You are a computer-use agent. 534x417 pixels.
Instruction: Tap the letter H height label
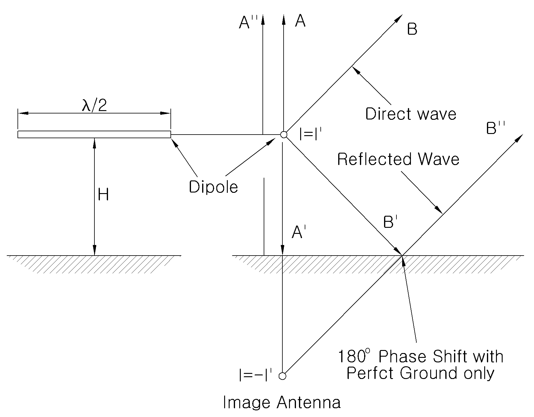(x=103, y=195)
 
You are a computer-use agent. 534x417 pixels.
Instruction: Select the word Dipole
(x=213, y=187)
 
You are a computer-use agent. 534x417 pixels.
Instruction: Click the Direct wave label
(x=411, y=114)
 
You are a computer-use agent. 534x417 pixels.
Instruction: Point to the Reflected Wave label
(x=398, y=159)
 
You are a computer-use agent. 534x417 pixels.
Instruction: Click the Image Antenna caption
(x=282, y=402)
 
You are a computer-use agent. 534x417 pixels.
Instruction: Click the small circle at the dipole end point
(x=284, y=135)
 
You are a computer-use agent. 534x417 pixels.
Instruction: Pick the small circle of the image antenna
(x=282, y=376)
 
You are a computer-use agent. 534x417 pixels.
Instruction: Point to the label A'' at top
(x=248, y=22)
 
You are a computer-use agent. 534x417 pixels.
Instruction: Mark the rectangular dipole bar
(x=94, y=134)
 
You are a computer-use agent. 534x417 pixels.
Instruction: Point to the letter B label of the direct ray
(x=412, y=29)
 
